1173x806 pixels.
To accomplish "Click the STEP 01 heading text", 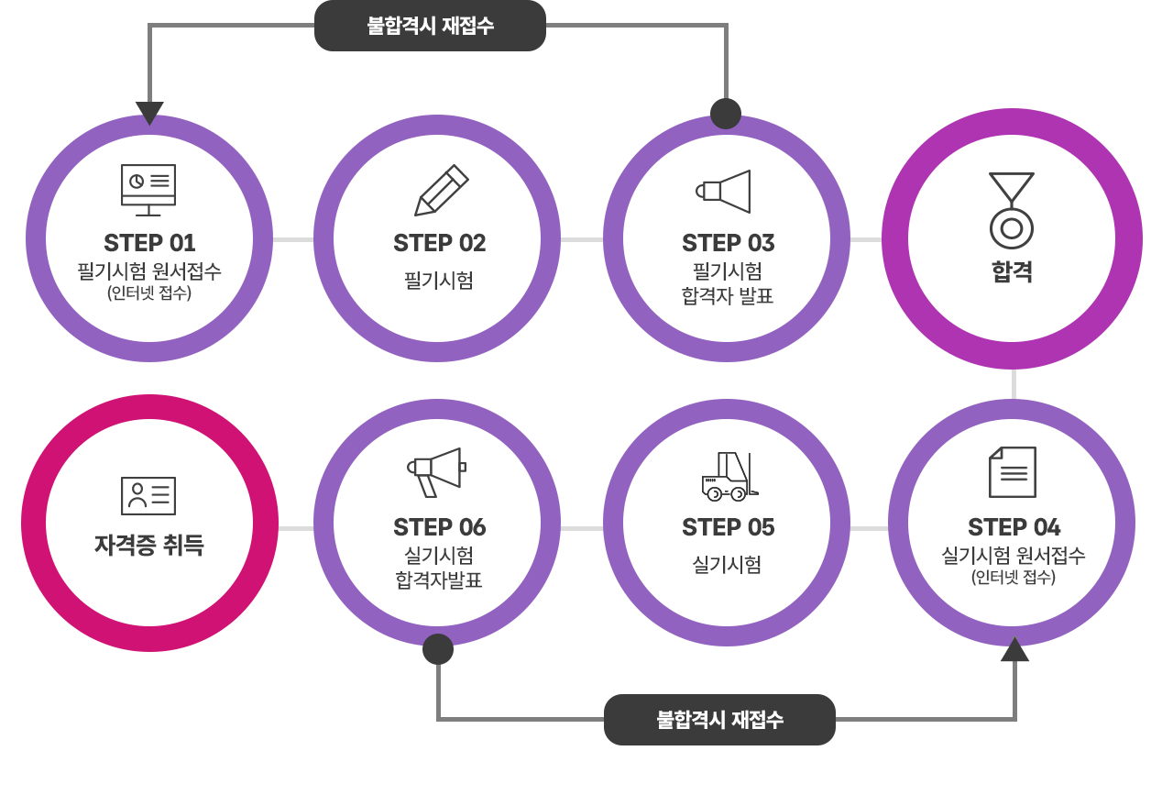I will pyautogui.click(x=149, y=243).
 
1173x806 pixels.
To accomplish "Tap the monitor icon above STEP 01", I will pyautogui.click(x=148, y=190).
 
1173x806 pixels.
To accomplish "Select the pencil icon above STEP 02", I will pyautogui.click(x=441, y=191).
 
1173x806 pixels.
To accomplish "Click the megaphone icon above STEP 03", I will pyautogui.click(x=724, y=191).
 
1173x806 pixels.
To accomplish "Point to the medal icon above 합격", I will pyautogui.click(x=1012, y=210).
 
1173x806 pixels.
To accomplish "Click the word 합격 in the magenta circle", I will pyautogui.click(x=1012, y=272).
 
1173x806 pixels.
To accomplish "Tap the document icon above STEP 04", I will pyautogui.click(x=1013, y=472).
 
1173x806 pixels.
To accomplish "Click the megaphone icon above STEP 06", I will pyautogui.click(x=437, y=471).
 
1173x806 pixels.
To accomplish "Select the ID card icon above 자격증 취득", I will pyautogui.click(x=148, y=496).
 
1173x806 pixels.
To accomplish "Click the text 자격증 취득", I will pyautogui.click(x=149, y=546).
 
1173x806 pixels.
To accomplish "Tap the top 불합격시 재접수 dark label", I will pyautogui.click(x=430, y=26).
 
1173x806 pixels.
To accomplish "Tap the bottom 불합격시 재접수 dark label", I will pyautogui.click(x=719, y=720).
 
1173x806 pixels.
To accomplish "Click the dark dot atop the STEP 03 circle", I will pyautogui.click(x=726, y=114).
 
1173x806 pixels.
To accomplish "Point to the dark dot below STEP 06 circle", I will pyautogui.click(x=438, y=649).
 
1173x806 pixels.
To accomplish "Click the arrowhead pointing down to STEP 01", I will pyautogui.click(x=149, y=113).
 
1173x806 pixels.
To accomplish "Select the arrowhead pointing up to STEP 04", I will pyautogui.click(x=1014, y=650).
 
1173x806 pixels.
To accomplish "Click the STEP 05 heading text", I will pyautogui.click(x=728, y=527).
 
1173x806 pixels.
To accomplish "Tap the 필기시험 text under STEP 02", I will pyautogui.click(x=439, y=281).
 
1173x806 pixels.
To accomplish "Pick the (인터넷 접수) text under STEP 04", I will pyautogui.click(x=1014, y=578).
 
